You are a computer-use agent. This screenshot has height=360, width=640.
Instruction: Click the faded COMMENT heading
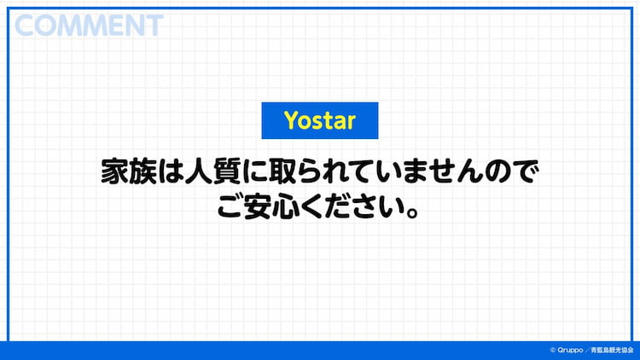pyautogui.click(x=89, y=26)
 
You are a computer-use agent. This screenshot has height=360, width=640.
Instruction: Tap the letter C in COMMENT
pyautogui.click(x=25, y=26)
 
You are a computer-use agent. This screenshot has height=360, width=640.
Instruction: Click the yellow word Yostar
pyautogui.click(x=320, y=120)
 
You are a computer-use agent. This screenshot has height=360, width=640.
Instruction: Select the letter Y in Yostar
pyautogui.click(x=292, y=120)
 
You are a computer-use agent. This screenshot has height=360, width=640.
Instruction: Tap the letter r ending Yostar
pyautogui.click(x=351, y=123)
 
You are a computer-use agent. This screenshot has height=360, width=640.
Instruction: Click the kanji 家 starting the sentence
pyautogui.click(x=114, y=171)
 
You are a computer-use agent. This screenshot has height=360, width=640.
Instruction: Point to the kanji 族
pyautogui.click(x=143, y=171)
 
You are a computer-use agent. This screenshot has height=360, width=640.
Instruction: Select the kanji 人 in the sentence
pyautogui.click(x=199, y=171)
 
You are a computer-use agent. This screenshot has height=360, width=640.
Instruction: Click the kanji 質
pyautogui.click(x=227, y=171)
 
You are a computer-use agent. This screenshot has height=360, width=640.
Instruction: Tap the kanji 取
pyautogui.click(x=282, y=171)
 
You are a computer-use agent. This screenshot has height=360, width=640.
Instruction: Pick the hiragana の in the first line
pyautogui.click(x=497, y=172)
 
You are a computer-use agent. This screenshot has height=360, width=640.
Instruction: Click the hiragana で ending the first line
pyautogui.click(x=526, y=172)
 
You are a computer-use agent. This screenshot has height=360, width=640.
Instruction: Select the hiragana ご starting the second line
pyautogui.click(x=230, y=207)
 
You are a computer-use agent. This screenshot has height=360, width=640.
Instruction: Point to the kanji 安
pyautogui.click(x=257, y=207)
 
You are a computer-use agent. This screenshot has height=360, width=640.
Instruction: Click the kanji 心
pyautogui.click(x=285, y=207)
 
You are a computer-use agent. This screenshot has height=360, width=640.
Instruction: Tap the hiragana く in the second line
pyautogui.click(x=312, y=207)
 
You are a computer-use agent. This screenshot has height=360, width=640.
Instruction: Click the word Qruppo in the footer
pyautogui.click(x=570, y=351)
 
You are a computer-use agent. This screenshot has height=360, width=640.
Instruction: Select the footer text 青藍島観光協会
pyautogui.click(x=612, y=351)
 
